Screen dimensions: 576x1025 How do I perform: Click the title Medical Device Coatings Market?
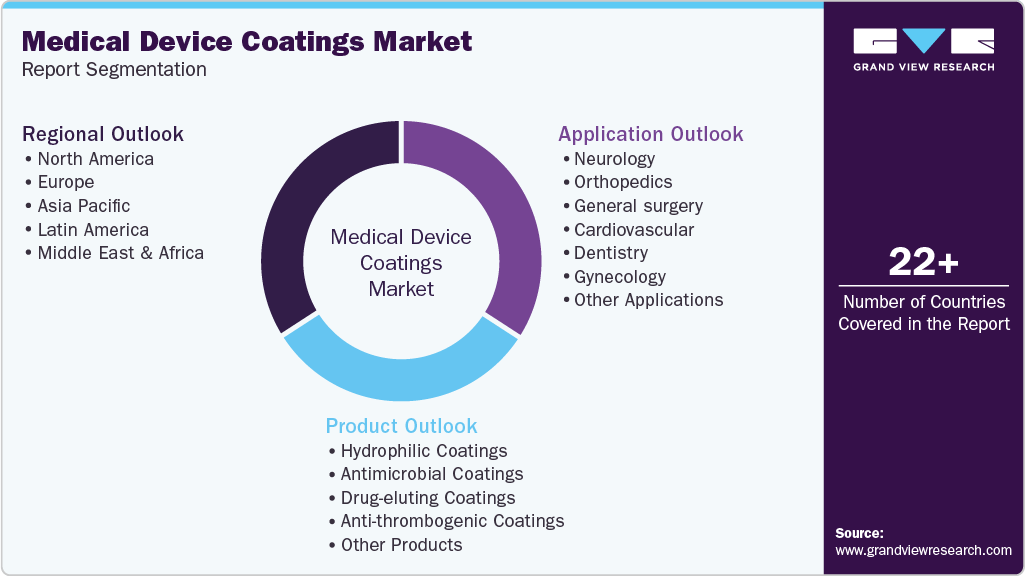point(246,41)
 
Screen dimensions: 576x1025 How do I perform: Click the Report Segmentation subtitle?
point(114,70)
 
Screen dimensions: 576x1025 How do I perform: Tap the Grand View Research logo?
point(923,49)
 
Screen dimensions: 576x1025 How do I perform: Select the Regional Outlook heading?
point(103,134)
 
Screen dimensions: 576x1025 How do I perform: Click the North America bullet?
point(95,159)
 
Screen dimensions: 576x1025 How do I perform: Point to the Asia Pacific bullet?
point(84,206)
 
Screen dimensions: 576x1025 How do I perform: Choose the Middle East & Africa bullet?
point(120,253)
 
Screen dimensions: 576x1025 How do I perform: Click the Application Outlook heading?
point(650,134)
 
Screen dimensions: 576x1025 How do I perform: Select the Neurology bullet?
point(614,159)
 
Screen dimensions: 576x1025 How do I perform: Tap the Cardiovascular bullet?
point(633,229)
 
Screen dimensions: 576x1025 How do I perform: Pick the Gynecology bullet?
point(619,277)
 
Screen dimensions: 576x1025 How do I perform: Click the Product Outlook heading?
point(401,426)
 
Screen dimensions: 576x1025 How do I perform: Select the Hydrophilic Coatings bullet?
point(423,451)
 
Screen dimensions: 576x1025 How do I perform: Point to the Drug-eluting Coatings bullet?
point(427,498)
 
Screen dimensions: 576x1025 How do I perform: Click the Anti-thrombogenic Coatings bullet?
point(452,521)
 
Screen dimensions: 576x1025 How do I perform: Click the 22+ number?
point(923,264)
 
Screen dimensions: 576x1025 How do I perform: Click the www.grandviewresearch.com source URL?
point(923,550)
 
